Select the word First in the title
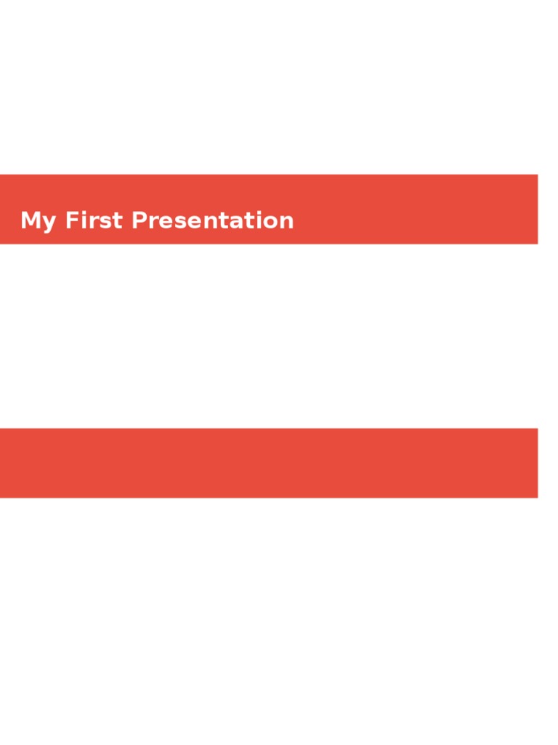[94, 220]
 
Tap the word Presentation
[212, 220]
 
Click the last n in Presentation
[286, 222]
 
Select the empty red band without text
[269, 463]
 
